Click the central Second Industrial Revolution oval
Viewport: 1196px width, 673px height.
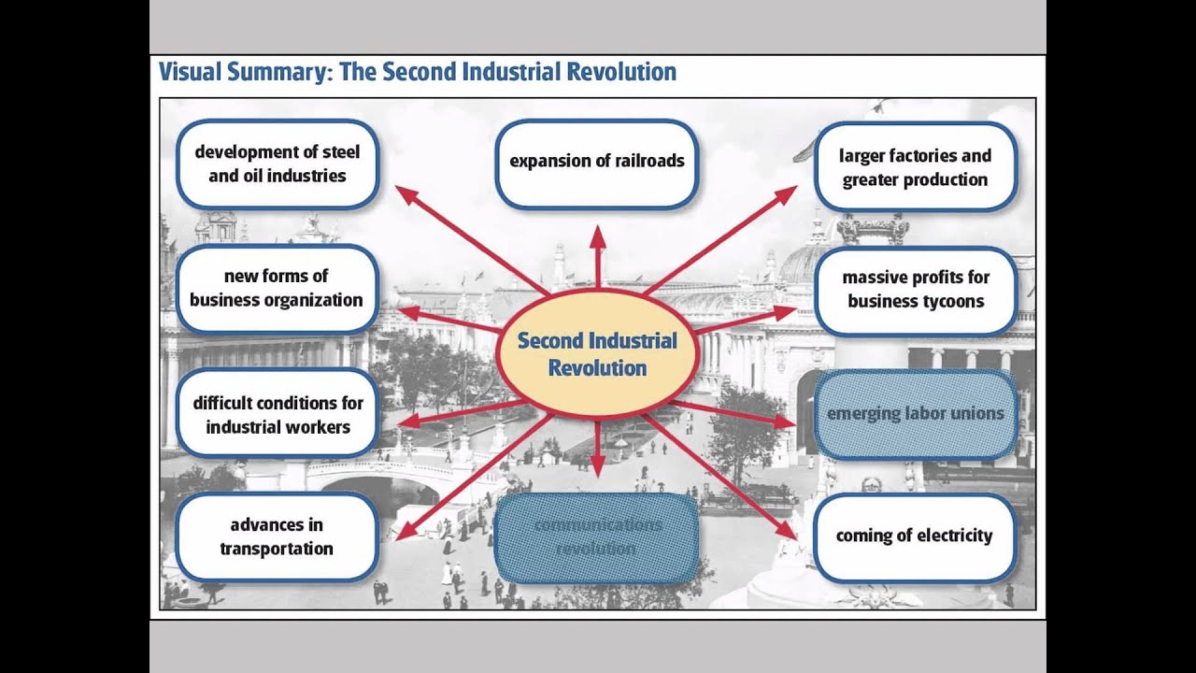(x=597, y=353)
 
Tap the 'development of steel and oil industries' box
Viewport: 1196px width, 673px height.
(x=277, y=164)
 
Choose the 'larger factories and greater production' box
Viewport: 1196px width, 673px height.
(x=915, y=167)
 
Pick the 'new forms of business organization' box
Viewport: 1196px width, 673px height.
(x=277, y=288)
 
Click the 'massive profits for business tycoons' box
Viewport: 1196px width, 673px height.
(x=916, y=290)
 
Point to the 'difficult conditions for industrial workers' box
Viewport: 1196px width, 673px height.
(x=278, y=415)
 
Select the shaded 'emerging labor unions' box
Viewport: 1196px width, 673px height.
(x=916, y=414)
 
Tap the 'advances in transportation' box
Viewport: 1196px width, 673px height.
(x=277, y=537)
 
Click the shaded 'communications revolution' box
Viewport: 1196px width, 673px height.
(x=596, y=537)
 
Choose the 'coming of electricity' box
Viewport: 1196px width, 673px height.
(x=915, y=537)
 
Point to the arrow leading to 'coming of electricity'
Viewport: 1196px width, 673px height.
(x=719, y=477)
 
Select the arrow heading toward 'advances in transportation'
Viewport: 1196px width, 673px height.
(x=472, y=477)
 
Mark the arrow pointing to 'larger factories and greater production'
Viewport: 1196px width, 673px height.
(x=719, y=239)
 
